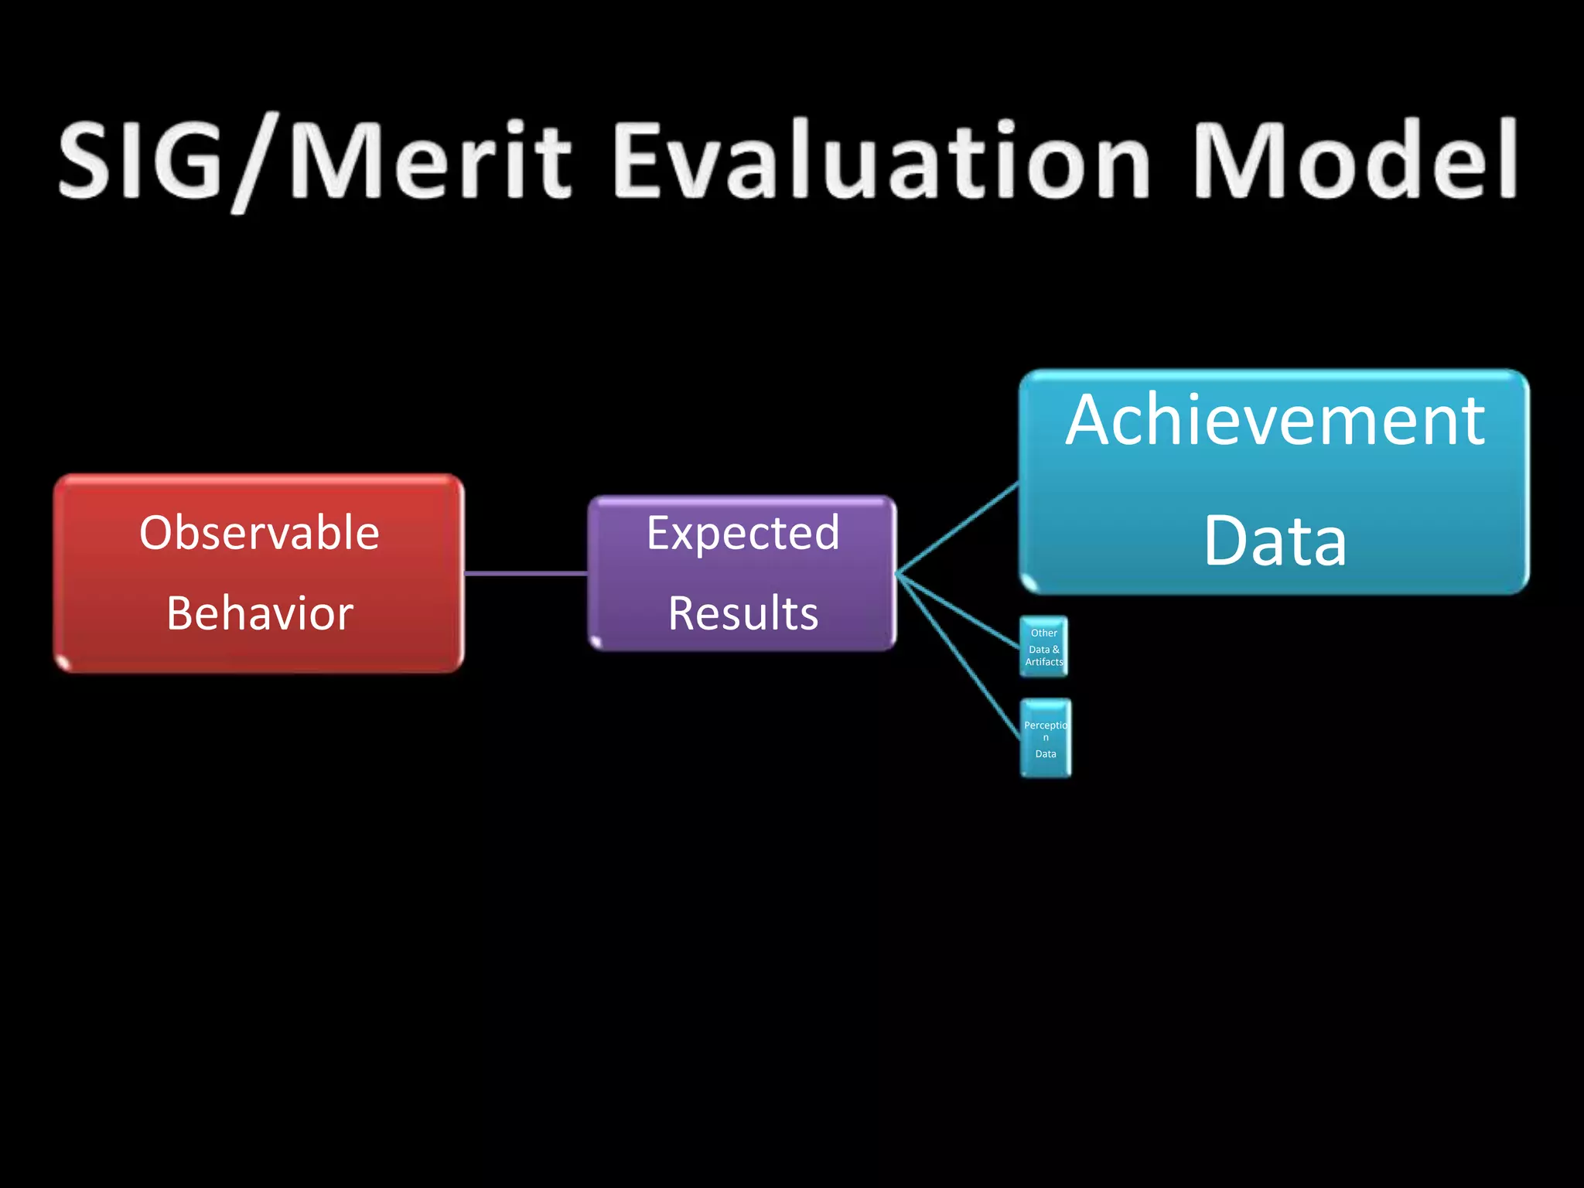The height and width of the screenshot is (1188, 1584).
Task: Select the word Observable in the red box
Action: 259,533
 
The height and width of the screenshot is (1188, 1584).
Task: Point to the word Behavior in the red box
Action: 259,613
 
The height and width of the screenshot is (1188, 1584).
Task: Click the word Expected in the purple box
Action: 742,533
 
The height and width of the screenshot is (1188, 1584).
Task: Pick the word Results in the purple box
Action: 742,613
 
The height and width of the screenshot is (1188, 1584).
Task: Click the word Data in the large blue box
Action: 1275,541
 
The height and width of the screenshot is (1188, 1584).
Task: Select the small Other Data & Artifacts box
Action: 1043,647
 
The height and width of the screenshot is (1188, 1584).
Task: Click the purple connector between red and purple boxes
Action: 526,573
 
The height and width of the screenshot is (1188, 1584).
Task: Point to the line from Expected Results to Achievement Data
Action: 958,529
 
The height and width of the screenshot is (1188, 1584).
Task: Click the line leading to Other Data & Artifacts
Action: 959,610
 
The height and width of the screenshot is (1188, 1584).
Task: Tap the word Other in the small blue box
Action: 1043,633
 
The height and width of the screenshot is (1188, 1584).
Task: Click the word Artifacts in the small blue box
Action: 1043,662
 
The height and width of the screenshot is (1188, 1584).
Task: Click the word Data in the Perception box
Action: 1046,754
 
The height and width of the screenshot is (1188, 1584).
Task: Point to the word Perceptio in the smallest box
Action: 1045,725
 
